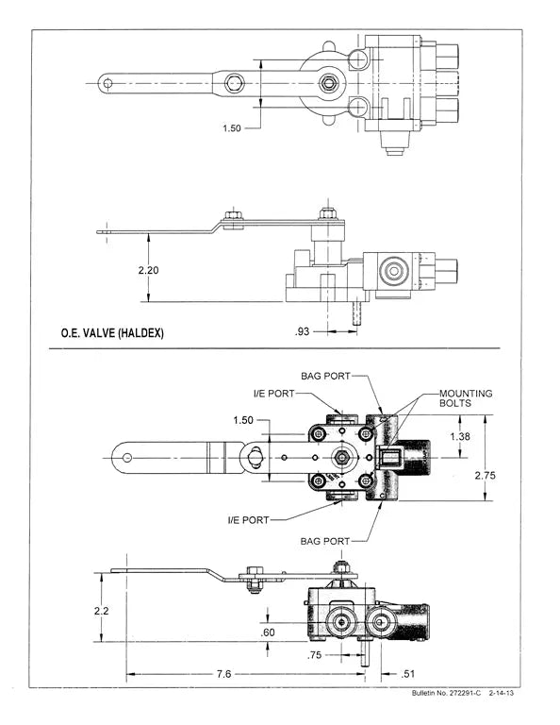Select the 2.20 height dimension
(x=148, y=270)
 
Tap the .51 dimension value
(x=408, y=674)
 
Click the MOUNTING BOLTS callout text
(x=466, y=397)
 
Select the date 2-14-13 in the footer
(x=502, y=697)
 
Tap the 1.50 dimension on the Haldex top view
(x=232, y=128)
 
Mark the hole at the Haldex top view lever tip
(x=108, y=83)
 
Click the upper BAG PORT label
(x=325, y=376)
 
